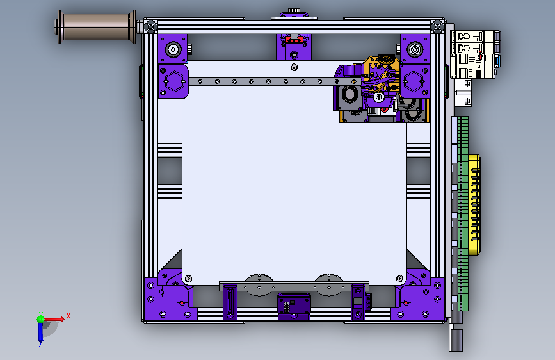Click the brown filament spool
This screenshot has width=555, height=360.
(95, 27)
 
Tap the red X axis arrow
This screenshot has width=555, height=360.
(53, 319)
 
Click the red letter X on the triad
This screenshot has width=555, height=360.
(68, 316)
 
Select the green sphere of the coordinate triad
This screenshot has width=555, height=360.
(40, 319)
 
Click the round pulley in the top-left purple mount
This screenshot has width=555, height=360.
(173, 49)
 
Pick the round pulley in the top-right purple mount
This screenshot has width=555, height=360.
(415, 49)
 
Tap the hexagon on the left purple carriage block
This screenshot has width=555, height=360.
(174, 81)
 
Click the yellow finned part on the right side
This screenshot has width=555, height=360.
(474, 205)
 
